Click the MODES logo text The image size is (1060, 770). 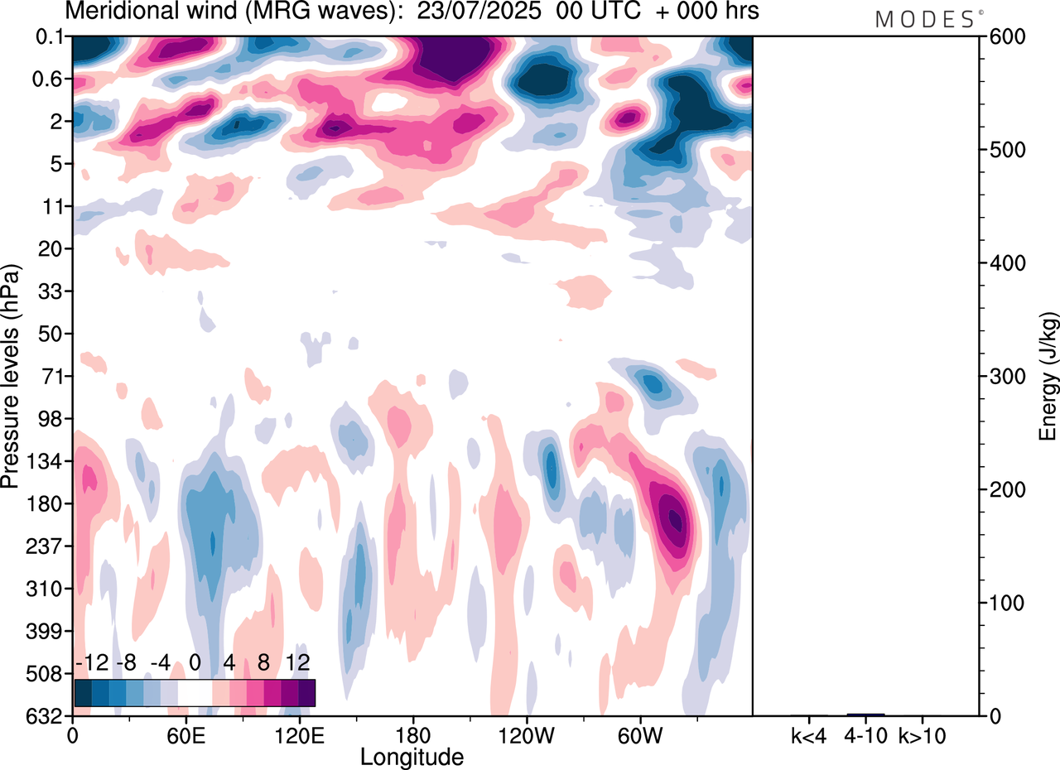(925, 20)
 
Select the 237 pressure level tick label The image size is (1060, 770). (49, 546)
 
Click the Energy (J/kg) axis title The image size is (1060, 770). (1048, 377)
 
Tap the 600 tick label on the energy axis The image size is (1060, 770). (1005, 37)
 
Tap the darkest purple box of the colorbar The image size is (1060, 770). (306, 692)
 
